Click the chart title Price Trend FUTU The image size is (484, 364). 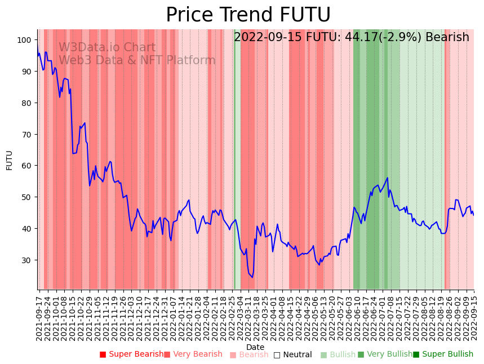[x=248, y=15]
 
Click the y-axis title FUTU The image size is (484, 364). [x=9, y=160]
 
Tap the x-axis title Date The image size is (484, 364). [x=255, y=348]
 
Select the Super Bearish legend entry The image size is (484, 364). [x=131, y=354]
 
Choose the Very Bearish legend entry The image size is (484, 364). [x=193, y=354]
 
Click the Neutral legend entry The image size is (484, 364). [x=292, y=354]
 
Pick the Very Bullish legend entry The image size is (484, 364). [x=385, y=354]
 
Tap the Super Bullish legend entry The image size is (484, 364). [x=443, y=354]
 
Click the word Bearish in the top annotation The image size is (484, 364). [x=447, y=38]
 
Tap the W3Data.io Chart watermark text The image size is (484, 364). [x=107, y=48]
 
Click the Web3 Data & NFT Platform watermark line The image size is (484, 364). [x=137, y=60]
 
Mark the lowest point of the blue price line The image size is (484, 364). [x=252, y=277]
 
